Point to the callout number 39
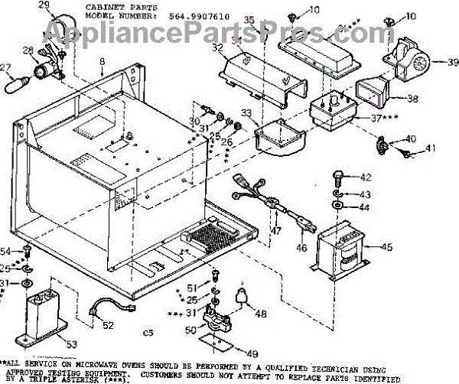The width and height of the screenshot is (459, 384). (432, 62)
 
